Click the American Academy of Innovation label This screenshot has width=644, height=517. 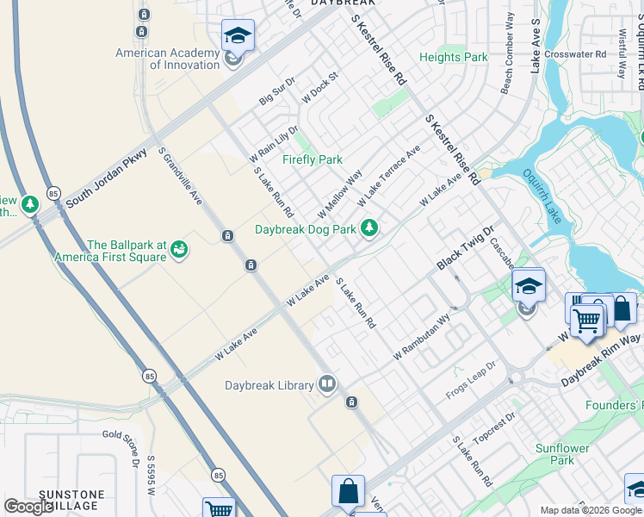click(x=168, y=59)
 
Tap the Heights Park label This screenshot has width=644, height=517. click(x=453, y=58)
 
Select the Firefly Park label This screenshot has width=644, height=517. click(x=313, y=159)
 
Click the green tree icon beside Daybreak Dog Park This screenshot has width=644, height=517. click(x=369, y=228)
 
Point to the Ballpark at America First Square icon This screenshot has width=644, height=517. click(x=179, y=250)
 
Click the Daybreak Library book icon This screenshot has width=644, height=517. click(x=326, y=384)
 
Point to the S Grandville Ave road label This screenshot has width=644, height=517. click(x=179, y=176)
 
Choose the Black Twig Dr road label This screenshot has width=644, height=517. click(x=465, y=248)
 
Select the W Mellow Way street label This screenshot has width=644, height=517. click(x=339, y=195)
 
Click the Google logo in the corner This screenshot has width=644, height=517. click(x=28, y=507)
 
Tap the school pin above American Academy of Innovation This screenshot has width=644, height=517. click(x=238, y=36)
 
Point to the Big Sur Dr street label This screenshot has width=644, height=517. click(x=277, y=91)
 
